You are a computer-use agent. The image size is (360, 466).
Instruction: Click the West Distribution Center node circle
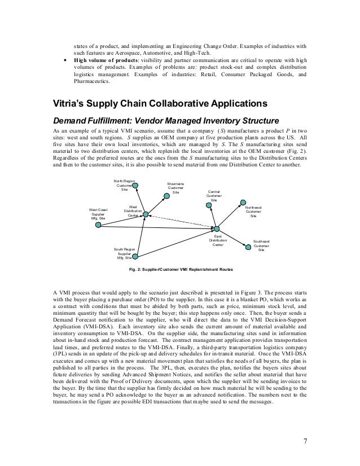coord(146,214)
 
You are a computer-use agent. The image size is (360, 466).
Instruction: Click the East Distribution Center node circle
coord(216,228)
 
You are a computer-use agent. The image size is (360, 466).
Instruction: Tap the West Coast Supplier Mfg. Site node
coord(99,224)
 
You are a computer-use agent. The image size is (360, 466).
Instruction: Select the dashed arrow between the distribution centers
coord(181,221)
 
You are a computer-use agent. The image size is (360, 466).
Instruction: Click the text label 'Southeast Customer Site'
coord(261,245)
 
